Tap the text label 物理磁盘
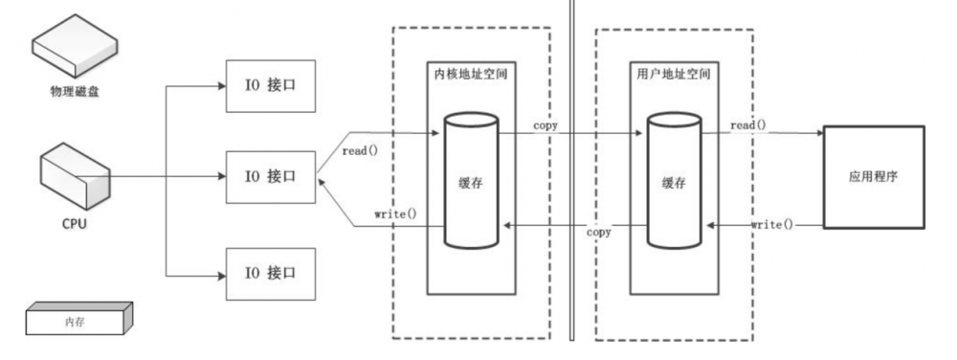pos(76,92)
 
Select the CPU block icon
pos(75,178)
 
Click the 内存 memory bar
pos(74,319)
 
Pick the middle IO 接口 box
pos(271,176)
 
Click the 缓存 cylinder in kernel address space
pos(470,183)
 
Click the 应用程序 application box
pos(874,179)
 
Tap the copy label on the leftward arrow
pos(599,232)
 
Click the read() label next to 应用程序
pos(749,125)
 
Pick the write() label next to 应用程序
pos(770,223)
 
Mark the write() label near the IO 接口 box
pos(395,211)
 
